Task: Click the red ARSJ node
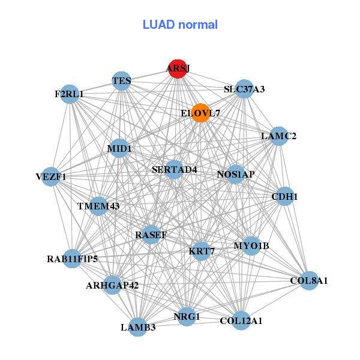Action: coord(178,68)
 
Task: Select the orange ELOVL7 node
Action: coord(200,113)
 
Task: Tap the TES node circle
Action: coord(122,81)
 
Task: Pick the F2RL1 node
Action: coord(70,94)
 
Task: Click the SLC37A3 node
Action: coord(244,89)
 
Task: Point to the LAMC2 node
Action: coord(279,136)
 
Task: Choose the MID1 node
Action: coord(119,148)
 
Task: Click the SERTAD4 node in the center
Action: coord(174,169)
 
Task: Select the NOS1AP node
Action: coord(236,174)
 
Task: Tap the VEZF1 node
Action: coord(51,177)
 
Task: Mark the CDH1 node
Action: coord(284,196)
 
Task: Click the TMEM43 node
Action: coord(98,206)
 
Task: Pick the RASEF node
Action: coord(151,235)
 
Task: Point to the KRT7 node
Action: coord(202,251)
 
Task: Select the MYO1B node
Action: coord(251,246)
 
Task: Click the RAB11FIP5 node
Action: coord(73,259)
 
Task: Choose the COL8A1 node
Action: coord(309,281)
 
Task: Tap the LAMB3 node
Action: coord(138,327)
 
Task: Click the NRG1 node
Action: coord(187,317)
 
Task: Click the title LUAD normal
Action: coord(180,25)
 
